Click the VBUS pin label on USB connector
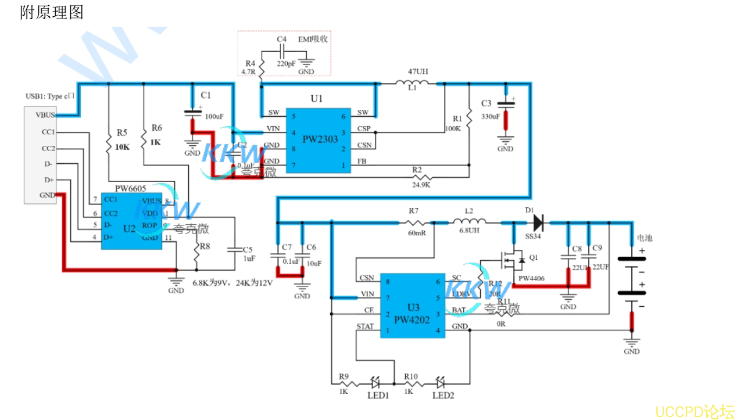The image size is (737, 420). click(45, 115)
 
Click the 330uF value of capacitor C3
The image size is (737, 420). click(490, 116)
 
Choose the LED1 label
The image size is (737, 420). click(378, 396)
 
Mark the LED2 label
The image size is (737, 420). click(443, 396)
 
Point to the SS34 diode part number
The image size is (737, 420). click(532, 238)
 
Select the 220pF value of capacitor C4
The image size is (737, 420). click(286, 64)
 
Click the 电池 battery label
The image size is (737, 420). click(645, 238)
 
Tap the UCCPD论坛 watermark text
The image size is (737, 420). click(695, 412)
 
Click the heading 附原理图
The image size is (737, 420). click(52, 12)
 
